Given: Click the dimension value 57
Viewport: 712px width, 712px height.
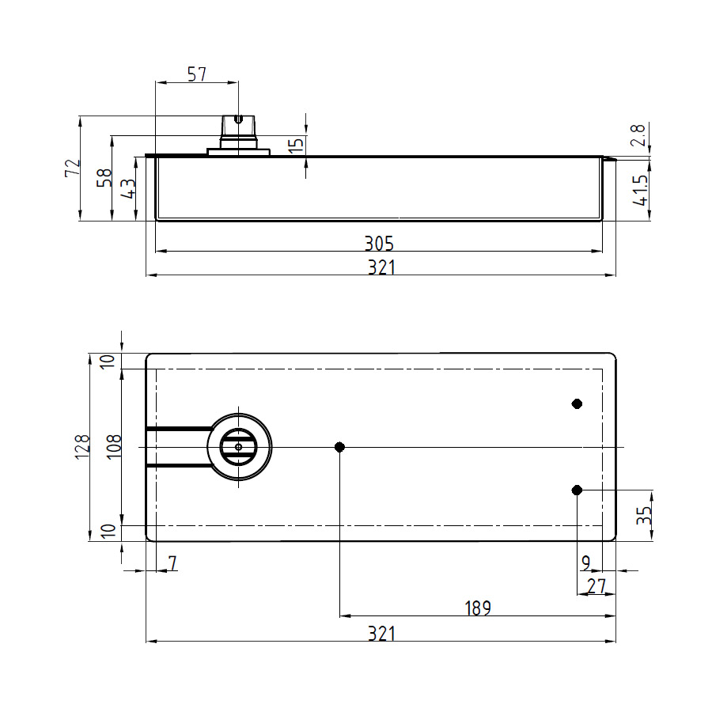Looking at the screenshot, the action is (197, 74).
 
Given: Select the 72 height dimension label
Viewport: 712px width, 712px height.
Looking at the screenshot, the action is (73, 168).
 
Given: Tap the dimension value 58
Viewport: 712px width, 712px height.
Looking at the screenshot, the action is (104, 177).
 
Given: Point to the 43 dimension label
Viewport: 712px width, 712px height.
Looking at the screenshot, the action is (127, 188).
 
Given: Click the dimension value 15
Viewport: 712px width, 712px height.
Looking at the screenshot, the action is (295, 145).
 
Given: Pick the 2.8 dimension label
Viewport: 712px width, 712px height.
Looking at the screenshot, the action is (638, 134).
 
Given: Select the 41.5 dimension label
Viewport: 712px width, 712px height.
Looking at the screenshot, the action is (640, 190).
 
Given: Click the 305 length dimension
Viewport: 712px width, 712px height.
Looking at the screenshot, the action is (379, 244).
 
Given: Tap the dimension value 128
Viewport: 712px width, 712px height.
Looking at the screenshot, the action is (82, 447).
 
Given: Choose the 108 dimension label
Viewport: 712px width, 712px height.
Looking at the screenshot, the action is (114, 447).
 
